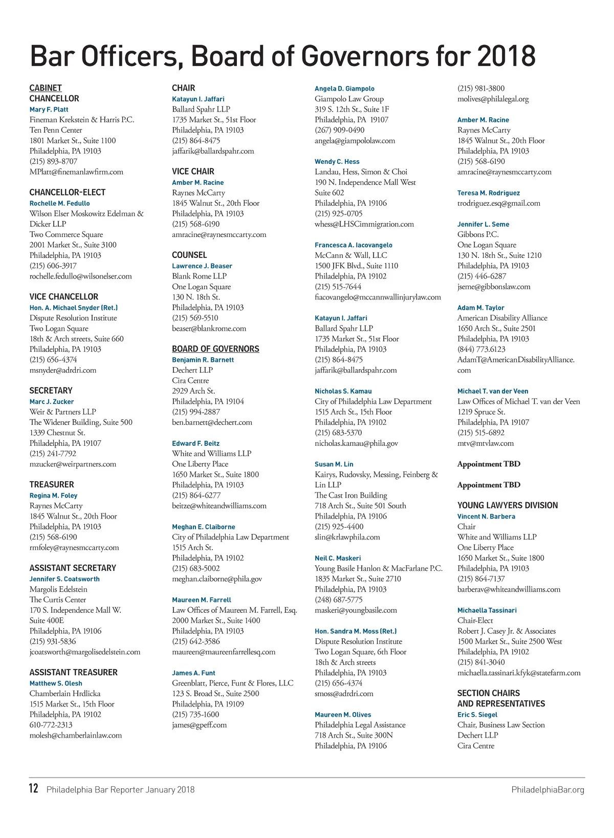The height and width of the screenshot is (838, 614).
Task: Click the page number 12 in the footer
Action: pyautogui.click(x=33, y=788)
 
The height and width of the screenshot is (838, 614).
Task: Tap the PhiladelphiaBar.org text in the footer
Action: pyautogui.click(x=547, y=790)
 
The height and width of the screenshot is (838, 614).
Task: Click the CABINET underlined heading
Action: pyautogui.click(x=46, y=88)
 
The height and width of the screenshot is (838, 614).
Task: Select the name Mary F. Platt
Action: pyautogui.click(x=49, y=110)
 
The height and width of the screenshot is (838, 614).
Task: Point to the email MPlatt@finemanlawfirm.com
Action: pyautogui.click(x=76, y=172)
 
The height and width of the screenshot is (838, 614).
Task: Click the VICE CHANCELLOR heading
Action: pyautogui.click(x=64, y=297)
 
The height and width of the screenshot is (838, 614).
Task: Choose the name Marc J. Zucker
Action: pyautogui.click(x=52, y=402)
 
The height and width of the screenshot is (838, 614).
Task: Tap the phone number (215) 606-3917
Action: pyautogui.click(x=53, y=266)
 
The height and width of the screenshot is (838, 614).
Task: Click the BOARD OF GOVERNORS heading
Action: pyautogui.click(x=215, y=349)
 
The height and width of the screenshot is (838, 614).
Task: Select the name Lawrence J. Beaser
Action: pyautogui.click(x=202, y=266)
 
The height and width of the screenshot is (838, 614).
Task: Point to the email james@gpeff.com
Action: pyautogui.click(x=199, y=725)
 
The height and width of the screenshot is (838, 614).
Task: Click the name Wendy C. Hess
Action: pyautogui.click(x=337, y=162)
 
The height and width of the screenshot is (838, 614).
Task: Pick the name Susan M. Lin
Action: pyautogui.click(x=334, y=464)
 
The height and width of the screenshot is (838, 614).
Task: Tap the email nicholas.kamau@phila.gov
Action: pyautogui.click(x=356, y=443)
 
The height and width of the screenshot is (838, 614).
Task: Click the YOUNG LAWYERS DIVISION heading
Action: pyautogui.click(x=508, y=505)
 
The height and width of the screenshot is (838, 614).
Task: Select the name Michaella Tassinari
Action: pyautogui.click(x=487, y=610)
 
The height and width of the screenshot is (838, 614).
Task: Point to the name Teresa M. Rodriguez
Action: pyautogui.click(x=488, y=193)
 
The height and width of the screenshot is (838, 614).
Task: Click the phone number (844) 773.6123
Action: pyautogui.click(x=481, y=349)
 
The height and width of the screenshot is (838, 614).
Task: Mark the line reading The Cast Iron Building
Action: pyautogui.click(x=350, y=496)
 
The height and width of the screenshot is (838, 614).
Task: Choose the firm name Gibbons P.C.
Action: pyautogui.click(x=478, y=234)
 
